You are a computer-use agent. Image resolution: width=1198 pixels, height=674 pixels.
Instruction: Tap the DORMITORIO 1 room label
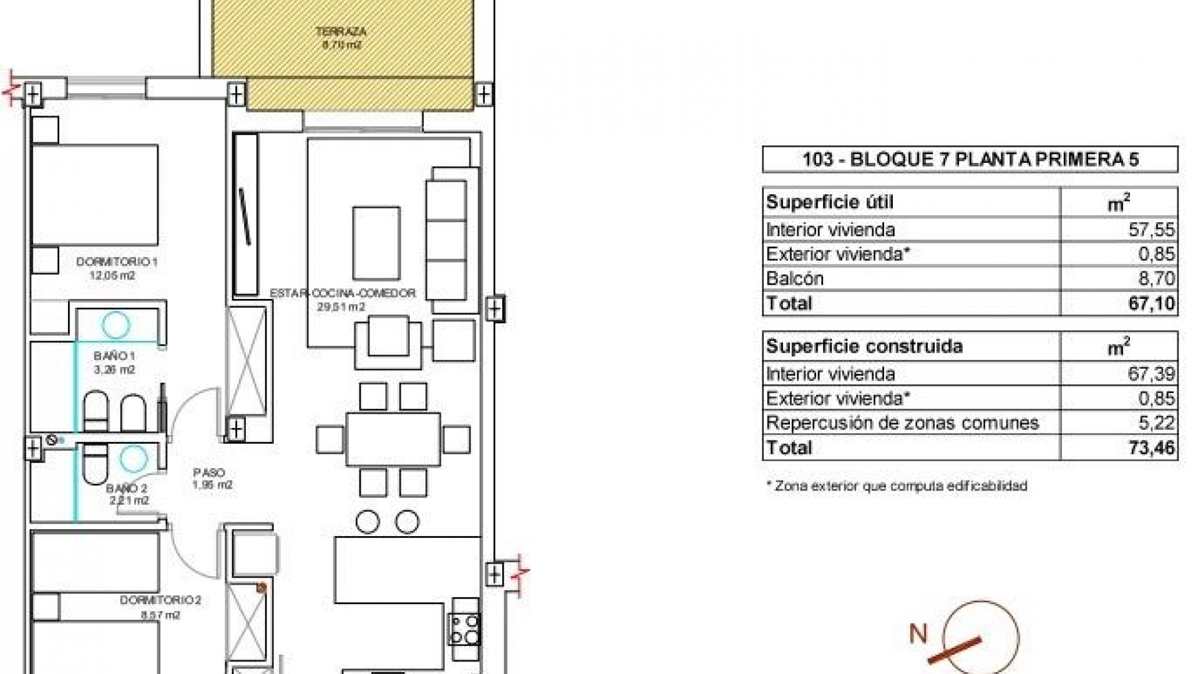click(x=117, y=262)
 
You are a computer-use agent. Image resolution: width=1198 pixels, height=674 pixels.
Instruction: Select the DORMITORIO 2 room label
click(x=160, y=600)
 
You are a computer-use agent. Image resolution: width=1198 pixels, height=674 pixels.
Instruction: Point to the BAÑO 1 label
click(x=115, y=356)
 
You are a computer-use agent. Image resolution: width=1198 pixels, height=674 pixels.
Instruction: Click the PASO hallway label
click(x=209, y=473)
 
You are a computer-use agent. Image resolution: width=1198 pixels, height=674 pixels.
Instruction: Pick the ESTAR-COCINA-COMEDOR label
click(x=343, y=293)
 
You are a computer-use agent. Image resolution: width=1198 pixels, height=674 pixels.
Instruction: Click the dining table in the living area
click(x=393, y=439)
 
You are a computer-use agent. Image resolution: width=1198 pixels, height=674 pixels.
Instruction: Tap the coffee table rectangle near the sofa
click(x=376, y=243)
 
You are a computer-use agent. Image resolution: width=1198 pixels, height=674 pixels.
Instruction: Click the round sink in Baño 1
click(x=116, y=325)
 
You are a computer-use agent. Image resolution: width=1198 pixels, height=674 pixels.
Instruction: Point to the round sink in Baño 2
click(x=132, y=459)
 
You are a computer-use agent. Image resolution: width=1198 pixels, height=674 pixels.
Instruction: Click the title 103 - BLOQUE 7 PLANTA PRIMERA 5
click(x=970, y=160)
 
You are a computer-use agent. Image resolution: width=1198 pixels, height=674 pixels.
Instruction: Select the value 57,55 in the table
click(x=1151, y=230)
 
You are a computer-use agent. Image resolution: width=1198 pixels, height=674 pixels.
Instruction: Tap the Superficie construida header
click(x=864, y=346)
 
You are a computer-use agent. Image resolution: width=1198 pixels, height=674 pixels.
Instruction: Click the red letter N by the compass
click(x=918, y=634)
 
